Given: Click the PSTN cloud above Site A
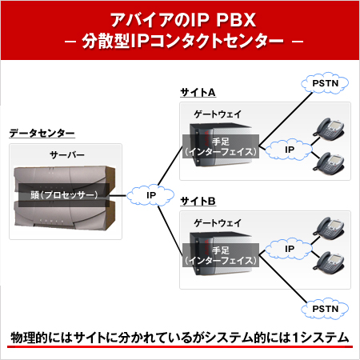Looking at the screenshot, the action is click(325, 83).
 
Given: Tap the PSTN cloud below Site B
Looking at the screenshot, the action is click(325, 309).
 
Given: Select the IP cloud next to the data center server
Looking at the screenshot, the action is click(150, 195).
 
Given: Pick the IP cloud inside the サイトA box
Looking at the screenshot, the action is click(289, 150).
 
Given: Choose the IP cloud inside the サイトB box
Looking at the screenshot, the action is click(289, 249).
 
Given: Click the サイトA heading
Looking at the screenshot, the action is click(198, 93).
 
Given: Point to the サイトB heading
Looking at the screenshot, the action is click(198, 201).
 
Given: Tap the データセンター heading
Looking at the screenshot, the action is click(42, 133).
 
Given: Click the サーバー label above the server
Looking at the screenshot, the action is click(67, 154).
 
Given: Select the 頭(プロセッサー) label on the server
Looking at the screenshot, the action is click(64, 195).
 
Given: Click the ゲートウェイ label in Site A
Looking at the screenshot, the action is click(218, 114).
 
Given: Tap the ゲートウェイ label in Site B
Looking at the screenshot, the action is click(218, 223).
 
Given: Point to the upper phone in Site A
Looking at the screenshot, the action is click(329, 129).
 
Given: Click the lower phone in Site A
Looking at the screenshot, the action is click(329, 163).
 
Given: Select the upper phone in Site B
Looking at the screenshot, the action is click(329, 229).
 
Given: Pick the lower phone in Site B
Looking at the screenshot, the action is click(329, 262).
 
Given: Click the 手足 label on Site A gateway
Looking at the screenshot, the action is click(221, 142).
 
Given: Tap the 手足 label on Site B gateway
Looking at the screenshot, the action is click(221, 250).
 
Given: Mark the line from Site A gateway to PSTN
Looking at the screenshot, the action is click(286, 119).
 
